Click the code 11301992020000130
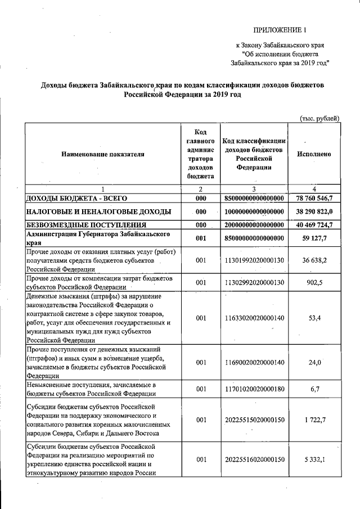tap(254, 260)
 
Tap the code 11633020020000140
tap(254, 318)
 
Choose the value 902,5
tap(313, 282)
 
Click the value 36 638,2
tap(313, 260)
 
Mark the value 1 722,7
tap(313, 420)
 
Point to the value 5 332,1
tap(313, 460)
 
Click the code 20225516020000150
tap(254, 460)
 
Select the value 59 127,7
tap(313, 238)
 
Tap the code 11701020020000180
tap(254, 389)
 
